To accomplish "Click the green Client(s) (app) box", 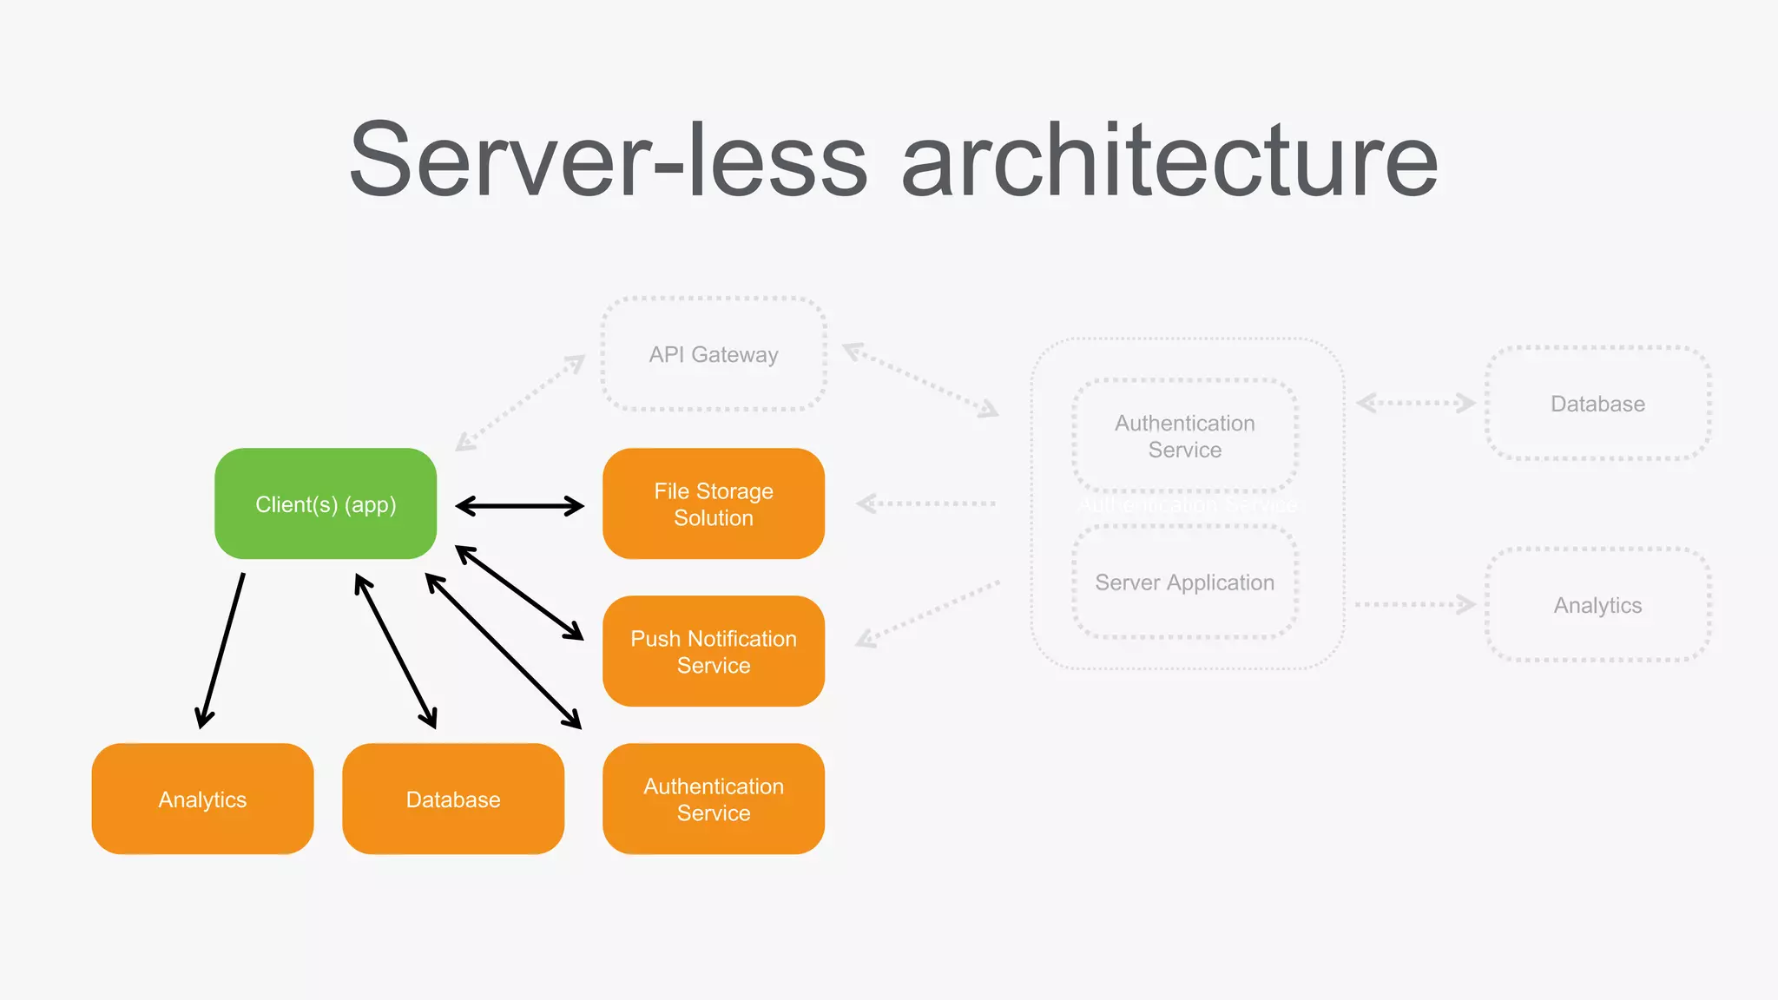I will [x=326, y=503].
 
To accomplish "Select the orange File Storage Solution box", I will [x=713, y=503].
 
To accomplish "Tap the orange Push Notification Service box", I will [x=713, y=651].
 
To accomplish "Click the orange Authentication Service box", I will [x=713, y=799].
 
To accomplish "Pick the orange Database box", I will [x=453, y=799].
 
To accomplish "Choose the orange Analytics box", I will [x=202, y=799].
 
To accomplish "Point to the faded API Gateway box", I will [x=713, y=354].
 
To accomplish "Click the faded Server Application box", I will [x=1184, y=582].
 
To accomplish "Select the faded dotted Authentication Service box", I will [x=1184, y=436].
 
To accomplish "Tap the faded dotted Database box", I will [x=1597, y=404].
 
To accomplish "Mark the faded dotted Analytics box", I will [x=1597, y=605].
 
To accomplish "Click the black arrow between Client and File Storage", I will [x=519, y=505].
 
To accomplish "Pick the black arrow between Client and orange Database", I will [x=396, y=651].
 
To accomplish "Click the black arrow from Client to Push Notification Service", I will [x=519, y=592].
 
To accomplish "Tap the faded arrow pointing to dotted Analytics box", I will [x=1415, y=604].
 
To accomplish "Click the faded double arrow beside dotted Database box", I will [x=1415, y=403].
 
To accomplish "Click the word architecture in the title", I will [x=1169, y=161].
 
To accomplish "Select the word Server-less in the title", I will [x=608, y=161].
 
